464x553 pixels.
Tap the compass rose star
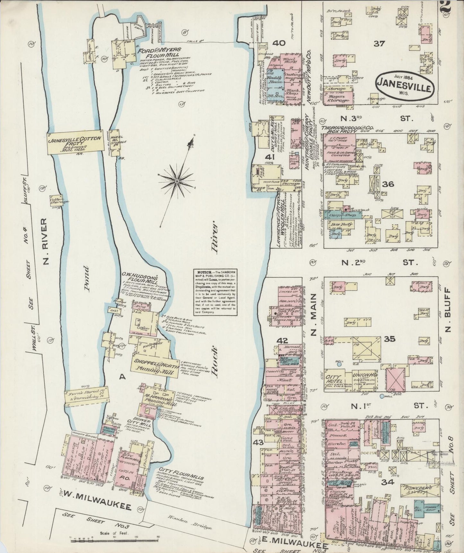click(x=177, y=182)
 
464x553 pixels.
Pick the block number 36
click(x=388, y=184)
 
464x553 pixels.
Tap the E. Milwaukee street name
click(x=291, y=544)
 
